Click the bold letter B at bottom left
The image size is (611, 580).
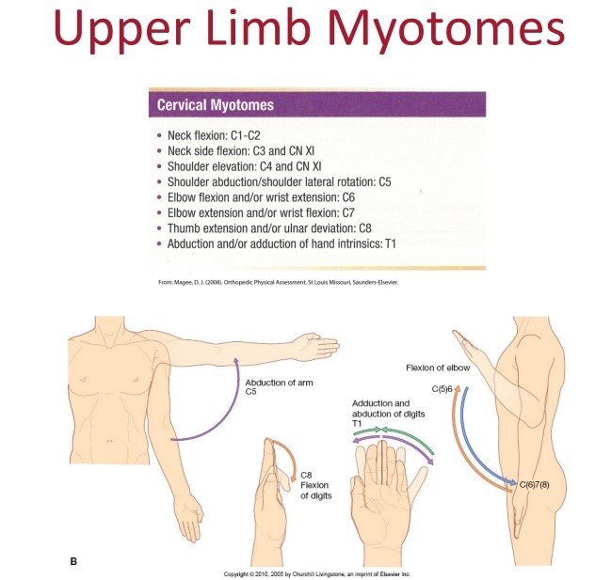coord(74,562)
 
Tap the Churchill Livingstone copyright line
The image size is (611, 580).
coord(317,572)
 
